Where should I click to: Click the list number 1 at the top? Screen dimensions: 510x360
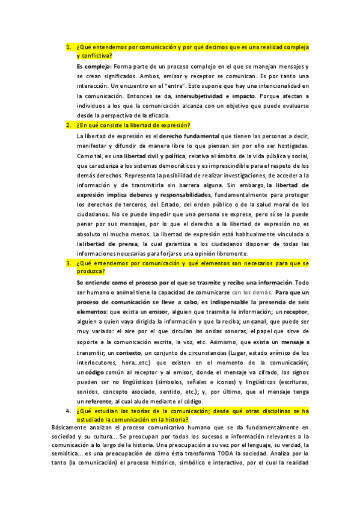pos(68,46)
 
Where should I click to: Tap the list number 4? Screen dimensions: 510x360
pos(68,411)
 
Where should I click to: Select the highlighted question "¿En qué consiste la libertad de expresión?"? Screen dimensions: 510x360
pos(133,125)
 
